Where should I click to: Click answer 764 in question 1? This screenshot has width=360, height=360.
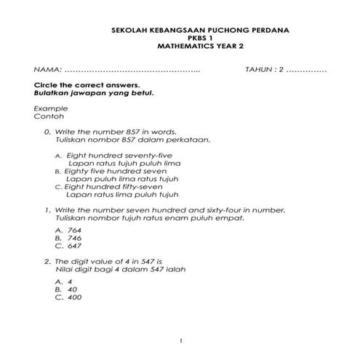pyautogui.click(x=74, y=230)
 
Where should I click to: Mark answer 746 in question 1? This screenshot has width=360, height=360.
pyautogui.click(x=74, y=238)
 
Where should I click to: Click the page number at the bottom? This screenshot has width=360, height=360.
pyautogui.click(x=181, y=340)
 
